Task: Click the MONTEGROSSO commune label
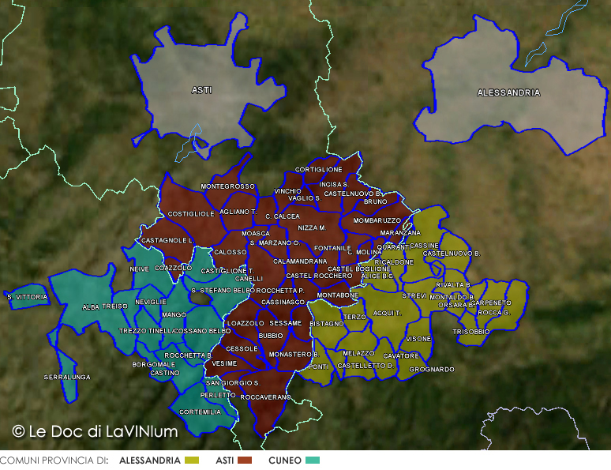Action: (x=227, y=186)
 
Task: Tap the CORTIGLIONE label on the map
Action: (x=318, y=170)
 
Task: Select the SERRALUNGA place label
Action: (x=67, y=377)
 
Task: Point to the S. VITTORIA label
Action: (x=28, y=297)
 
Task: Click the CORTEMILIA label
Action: (x=201, y=412)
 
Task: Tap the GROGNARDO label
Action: (x=432, y=369)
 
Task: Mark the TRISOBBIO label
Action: (x=471, y=332)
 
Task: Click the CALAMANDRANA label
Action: (x=300, y=261)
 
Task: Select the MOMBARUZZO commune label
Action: (x=377, y=220)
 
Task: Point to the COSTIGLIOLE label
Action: (x=191, y=214)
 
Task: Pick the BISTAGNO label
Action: (x=327, y=324)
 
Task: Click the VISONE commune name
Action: (x=418, y=339)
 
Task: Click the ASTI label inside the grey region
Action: (x=201, y=91)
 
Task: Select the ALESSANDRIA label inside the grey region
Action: (x=508, y=93)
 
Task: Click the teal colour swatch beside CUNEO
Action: (x=313, y=460)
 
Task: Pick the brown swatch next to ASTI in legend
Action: (x=245, y=460)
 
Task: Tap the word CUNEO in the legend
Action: (x=285, y=460)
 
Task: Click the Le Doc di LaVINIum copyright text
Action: (x=95, y=431)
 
